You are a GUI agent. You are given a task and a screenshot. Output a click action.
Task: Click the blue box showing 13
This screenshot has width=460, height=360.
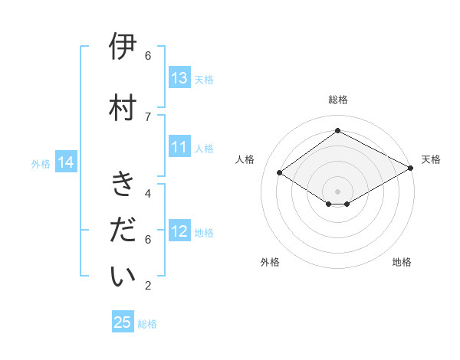(179, 78)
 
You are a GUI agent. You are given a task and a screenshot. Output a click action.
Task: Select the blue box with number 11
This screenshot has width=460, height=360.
(179, 147)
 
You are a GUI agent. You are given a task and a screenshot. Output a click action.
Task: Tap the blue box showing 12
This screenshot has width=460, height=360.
(179, 231)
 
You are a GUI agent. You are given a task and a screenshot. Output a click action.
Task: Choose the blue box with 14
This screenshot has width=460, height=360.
(65, 162)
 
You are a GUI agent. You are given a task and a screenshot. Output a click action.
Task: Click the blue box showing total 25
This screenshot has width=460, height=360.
(123, 322)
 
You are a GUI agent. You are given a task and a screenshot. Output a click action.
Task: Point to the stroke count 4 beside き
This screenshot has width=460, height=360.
(148, 193)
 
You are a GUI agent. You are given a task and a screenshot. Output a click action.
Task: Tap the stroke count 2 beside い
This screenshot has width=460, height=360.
(148, 286)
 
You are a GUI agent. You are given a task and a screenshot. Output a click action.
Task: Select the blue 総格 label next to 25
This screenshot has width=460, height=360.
(147, 324)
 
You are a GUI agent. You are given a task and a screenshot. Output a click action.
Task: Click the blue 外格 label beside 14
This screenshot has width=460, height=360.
(41, 163)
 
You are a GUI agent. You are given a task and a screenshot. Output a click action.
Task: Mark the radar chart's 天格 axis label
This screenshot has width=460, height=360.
(431, 159)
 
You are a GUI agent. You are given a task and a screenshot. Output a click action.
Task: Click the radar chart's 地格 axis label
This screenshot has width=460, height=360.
(402, 262)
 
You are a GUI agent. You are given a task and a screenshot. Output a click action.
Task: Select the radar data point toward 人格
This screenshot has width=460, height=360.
(280, 173)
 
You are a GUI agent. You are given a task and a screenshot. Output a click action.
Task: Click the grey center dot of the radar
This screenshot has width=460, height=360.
(337, 191)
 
